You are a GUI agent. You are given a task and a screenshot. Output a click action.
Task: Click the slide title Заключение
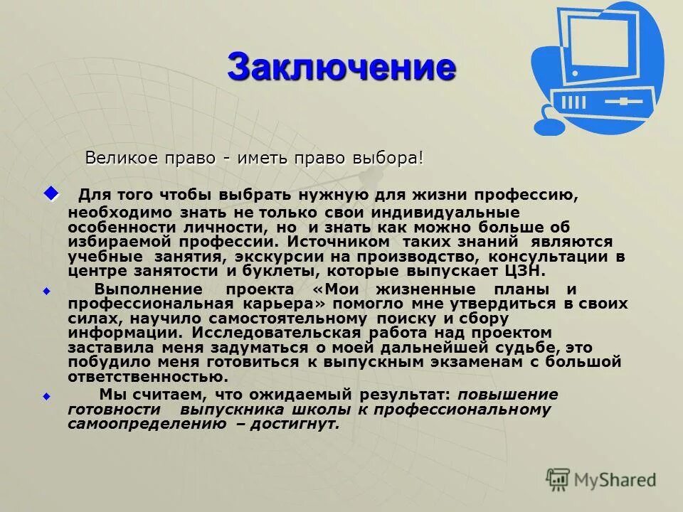pos(341,67)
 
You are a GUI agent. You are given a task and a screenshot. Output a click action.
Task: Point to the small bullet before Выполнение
pos(47,291)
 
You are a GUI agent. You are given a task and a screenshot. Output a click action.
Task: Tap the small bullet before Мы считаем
pos(47,395)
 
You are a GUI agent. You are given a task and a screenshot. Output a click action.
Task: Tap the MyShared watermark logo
pos(601,479)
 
